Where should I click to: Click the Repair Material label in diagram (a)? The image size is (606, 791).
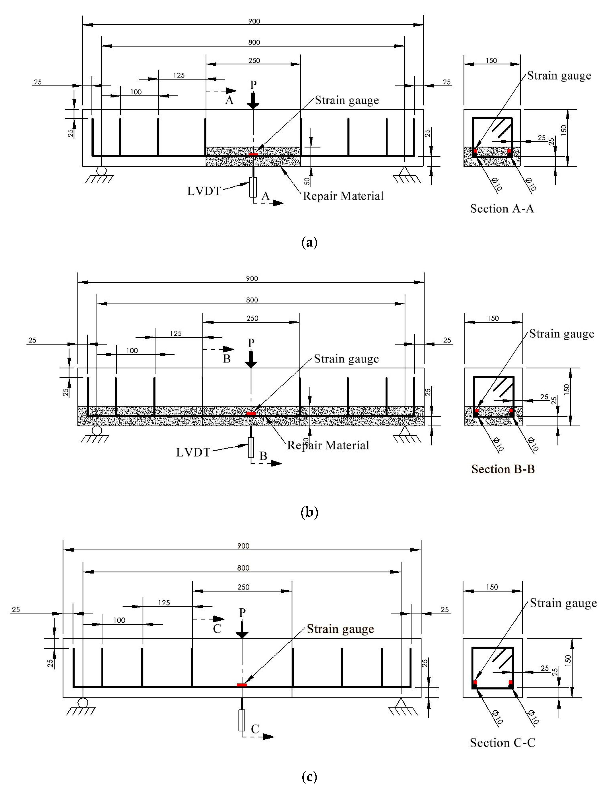point(343,196)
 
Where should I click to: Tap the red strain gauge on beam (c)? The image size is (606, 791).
point(242,685)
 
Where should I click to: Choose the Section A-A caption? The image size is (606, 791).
point(502,209)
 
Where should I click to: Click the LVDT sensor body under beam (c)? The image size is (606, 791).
point(242,720)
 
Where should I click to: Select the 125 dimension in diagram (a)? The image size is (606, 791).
point(178,75)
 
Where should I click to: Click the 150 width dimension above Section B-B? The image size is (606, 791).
point(493,318)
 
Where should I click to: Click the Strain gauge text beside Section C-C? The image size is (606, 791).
point(563,603)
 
